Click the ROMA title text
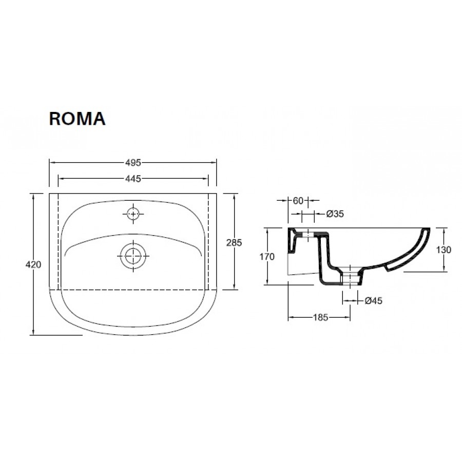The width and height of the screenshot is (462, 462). tap(77, 119)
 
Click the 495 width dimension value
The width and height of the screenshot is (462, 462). tap(132, 163)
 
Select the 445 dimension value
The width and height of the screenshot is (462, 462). tap(132, 179)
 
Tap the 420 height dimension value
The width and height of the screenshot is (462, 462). tap(33, 264)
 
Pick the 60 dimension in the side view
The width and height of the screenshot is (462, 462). tap(298, 201)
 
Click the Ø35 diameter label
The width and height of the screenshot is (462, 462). tap(335, 214)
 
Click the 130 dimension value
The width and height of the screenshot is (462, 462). tap(443, 250)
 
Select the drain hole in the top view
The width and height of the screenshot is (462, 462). tap(133, 255)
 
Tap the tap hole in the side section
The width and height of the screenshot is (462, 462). tap(308, 236)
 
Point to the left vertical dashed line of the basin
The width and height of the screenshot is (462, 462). tap(58, 241)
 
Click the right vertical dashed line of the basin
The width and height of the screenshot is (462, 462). tap(208, 241)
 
